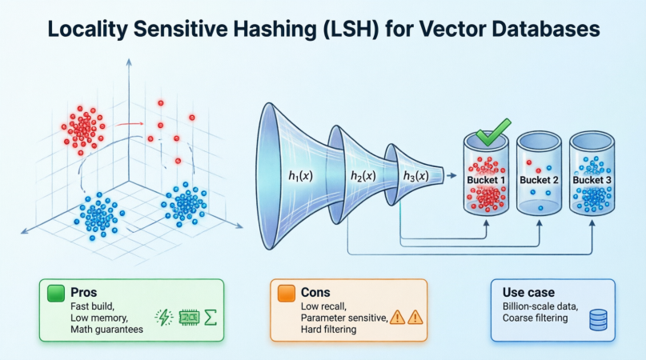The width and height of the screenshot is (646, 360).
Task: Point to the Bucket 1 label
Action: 487,180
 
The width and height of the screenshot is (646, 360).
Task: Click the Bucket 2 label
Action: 540,180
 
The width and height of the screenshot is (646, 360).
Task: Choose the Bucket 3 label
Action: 592,180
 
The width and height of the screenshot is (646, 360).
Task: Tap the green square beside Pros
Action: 57,293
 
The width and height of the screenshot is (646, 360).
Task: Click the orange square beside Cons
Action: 285,293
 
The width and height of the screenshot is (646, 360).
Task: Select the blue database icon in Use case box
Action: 597,321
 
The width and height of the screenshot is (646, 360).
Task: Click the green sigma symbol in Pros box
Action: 211,317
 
